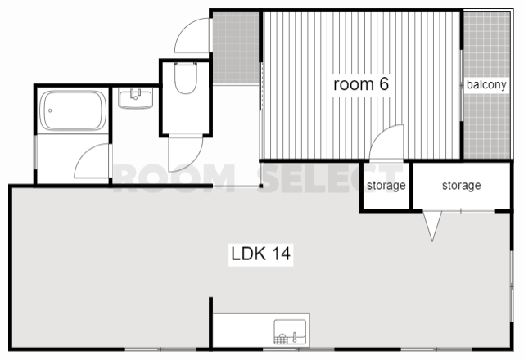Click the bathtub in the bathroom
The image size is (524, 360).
pyautogui.click(x=73, y=110)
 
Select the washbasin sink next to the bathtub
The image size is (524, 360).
pyautogui.click(x=135, y=98)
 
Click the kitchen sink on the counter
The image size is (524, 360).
pyautogui.click(x=290, y=332)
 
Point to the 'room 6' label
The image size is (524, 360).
pyautogui.click(x=361, y=83)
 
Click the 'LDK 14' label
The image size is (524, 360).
pyautogui.click(x=260, y=254)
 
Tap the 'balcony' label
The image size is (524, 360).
pyautogui.click(x=486, y=84)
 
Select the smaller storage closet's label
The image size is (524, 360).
pyautogui.click(x=386, y=186)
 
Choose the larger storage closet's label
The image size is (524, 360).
pyautogui.click(x=462, y=186)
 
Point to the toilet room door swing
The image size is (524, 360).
pyautogui.click(x=197, y=156)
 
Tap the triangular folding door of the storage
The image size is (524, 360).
pyautogui.click(x=432, y=226)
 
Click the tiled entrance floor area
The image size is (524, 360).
pyautogui.click(x=236, y=48)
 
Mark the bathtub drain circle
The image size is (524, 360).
pyautogui.click(x=50, y=110)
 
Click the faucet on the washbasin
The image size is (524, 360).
pyautogui.click(x=135, y=94)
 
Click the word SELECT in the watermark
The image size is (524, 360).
pyautogui.click(x=329, y=178)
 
